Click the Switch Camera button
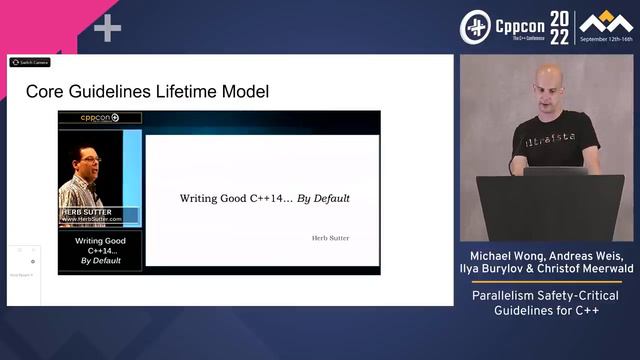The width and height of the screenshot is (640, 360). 30,62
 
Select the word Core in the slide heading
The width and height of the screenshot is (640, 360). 43,92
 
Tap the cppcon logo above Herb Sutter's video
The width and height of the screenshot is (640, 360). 100,118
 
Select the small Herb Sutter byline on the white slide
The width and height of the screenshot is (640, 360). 331,238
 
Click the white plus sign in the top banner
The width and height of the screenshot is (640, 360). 107,28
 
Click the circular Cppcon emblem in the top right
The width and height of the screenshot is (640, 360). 475,27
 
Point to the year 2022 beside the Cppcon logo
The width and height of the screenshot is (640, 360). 559,27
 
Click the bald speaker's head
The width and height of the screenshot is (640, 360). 548,83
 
